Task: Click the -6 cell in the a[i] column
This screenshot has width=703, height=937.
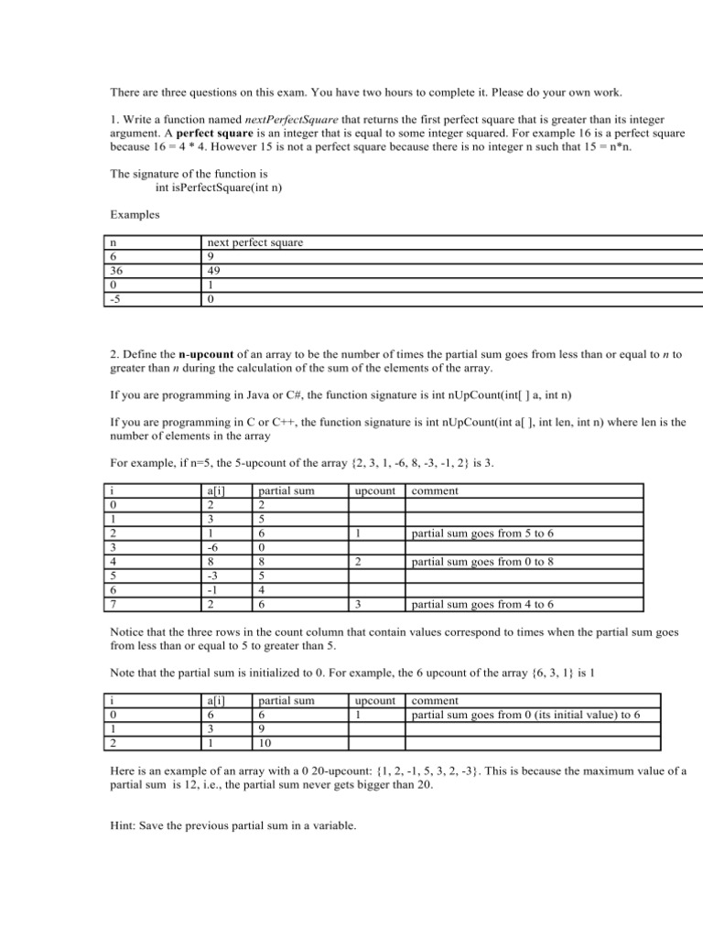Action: coord(217,547)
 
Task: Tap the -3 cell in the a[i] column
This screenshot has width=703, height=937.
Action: coord(217,576)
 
